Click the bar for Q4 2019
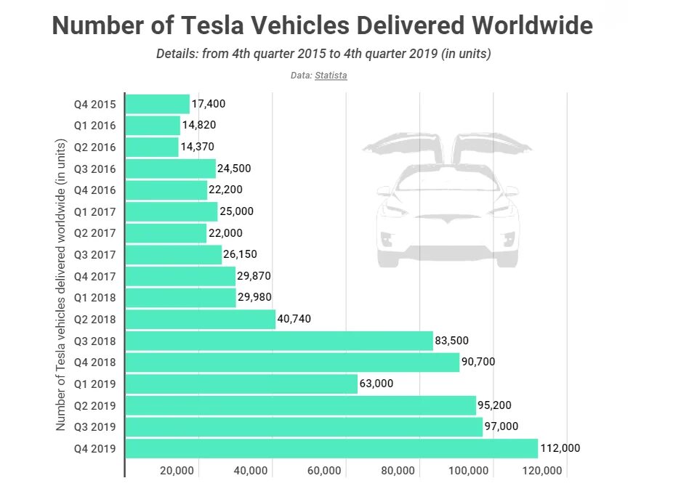(331, 448)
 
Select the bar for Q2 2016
(152, 147)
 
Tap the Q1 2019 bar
(241, 384)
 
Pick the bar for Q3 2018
(279, 341)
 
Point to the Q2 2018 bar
(201, 319)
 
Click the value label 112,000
(560, 448)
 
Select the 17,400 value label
(209, 104)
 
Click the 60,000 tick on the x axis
(324, 471)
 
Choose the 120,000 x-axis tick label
(542, 471)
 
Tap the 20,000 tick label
(176, 471)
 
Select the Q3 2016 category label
(95, 169)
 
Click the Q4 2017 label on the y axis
(95, 276)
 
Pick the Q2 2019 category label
(95, 405)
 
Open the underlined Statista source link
(331, 76)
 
